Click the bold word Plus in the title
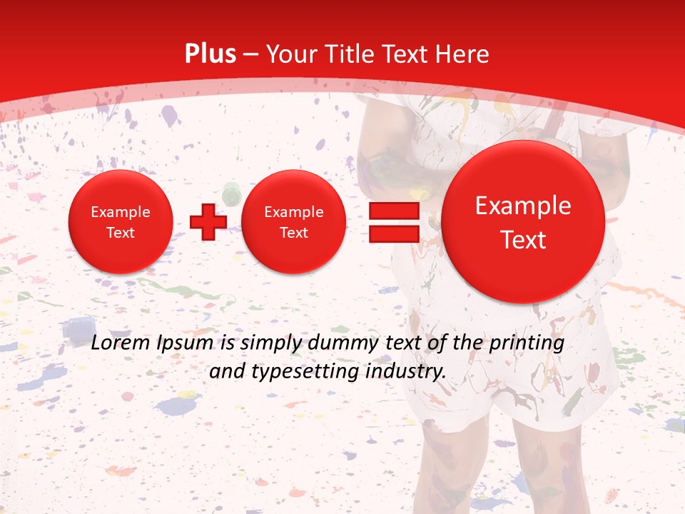(x=210, y=54)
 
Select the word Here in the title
(x=464, y=54)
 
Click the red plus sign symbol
(x=208, y=222)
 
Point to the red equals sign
(x=393, y=222)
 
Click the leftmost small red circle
(x=120, y=222)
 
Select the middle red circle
(x=293, y=222)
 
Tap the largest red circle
(x=523, y=222)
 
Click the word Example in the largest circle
(x=523, y=206)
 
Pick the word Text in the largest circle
(x=523, y=240)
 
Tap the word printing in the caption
(x=527, y=343)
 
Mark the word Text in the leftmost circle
(x=120, y=233)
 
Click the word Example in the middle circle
(x=293, y=212)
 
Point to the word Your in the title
(x=293, y=54)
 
